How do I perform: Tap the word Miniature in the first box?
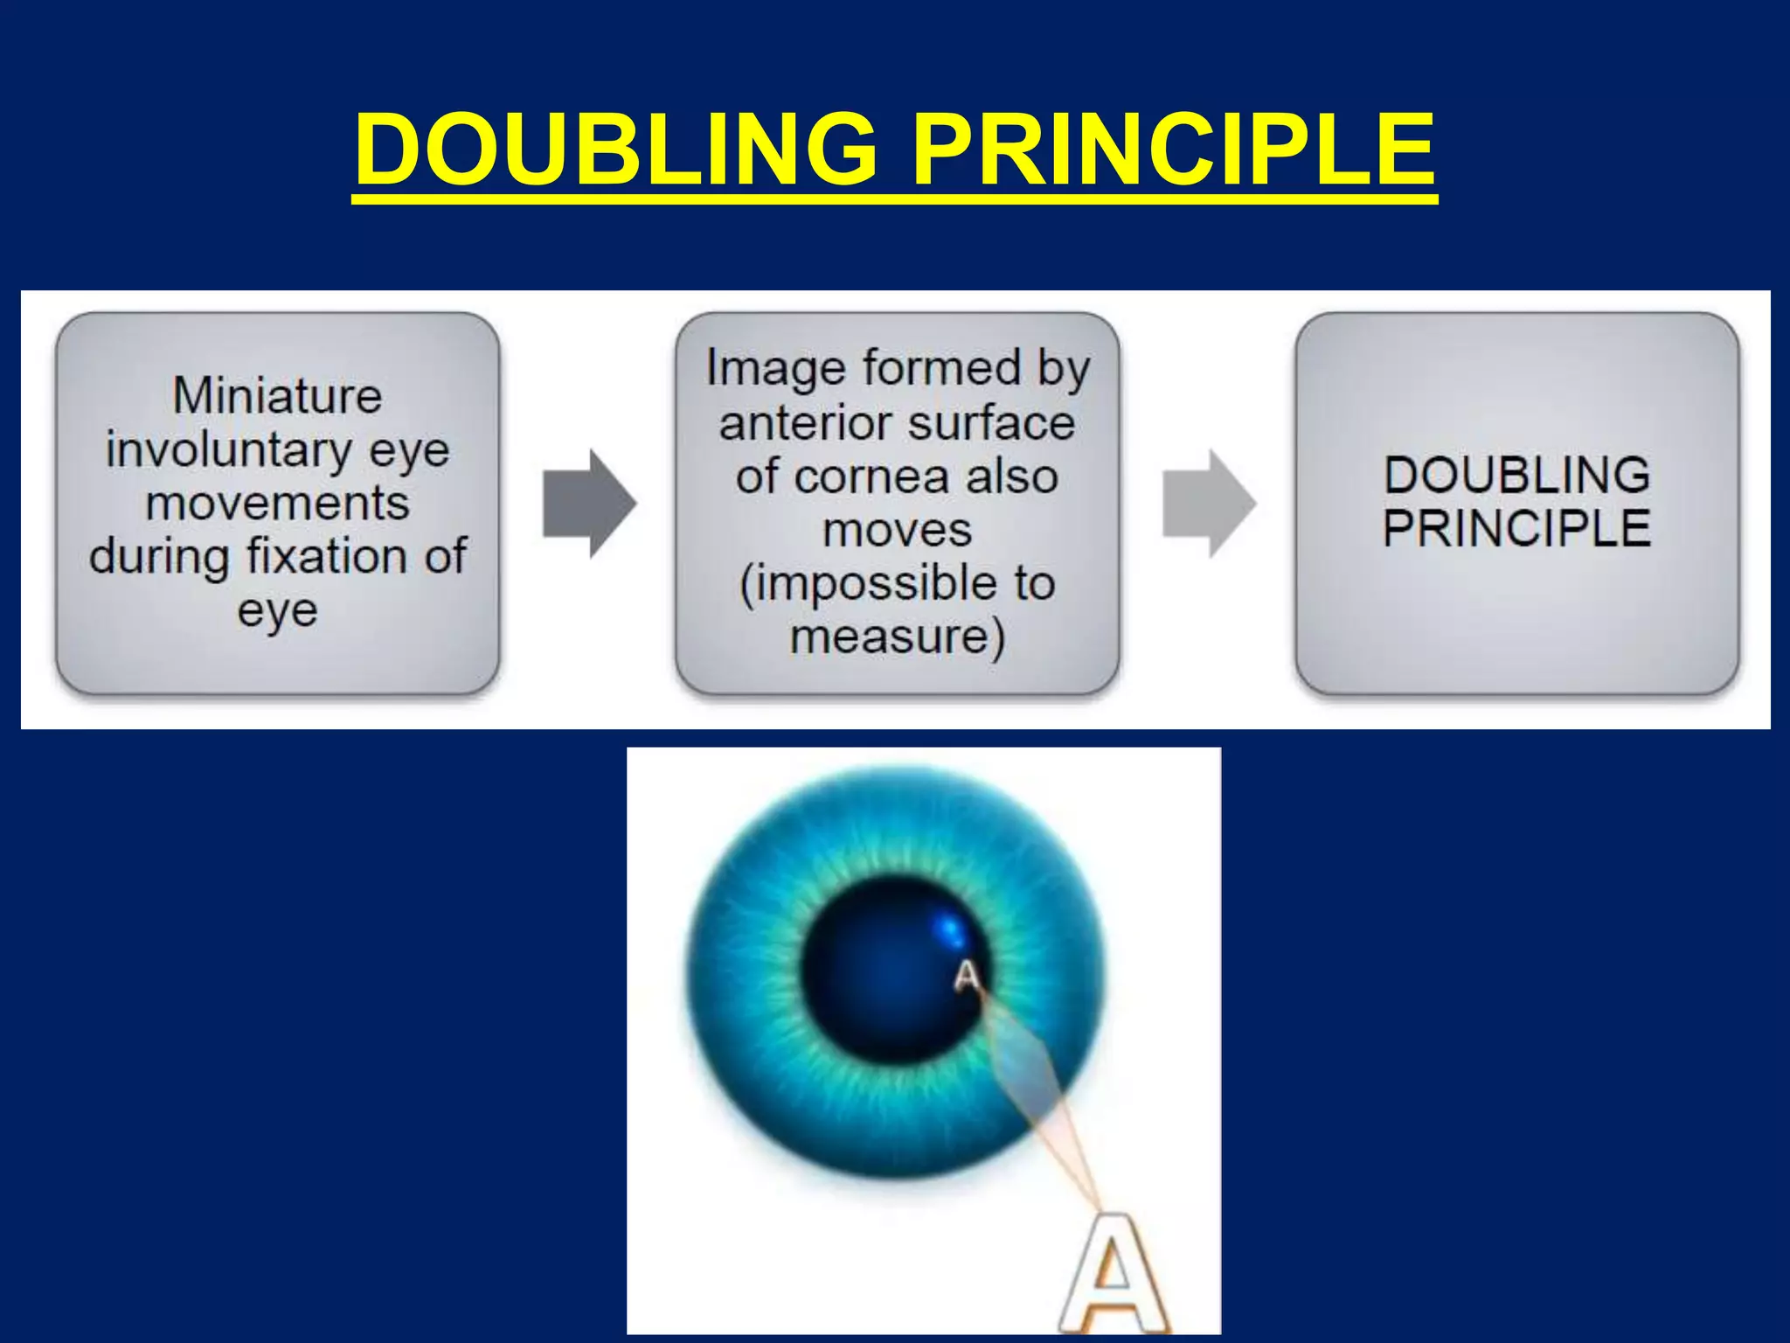point(277,395)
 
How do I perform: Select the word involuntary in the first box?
point(228,451)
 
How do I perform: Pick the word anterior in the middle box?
point(791,424)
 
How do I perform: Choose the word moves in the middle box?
point(897,530)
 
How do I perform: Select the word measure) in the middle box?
point(897,637)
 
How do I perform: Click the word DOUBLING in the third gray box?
point(1516,475)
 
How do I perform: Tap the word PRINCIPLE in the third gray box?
point(1516,528)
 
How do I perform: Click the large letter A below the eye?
point(1113,1276)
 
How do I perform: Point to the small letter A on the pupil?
point(967,976)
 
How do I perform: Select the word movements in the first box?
point(277,504)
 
